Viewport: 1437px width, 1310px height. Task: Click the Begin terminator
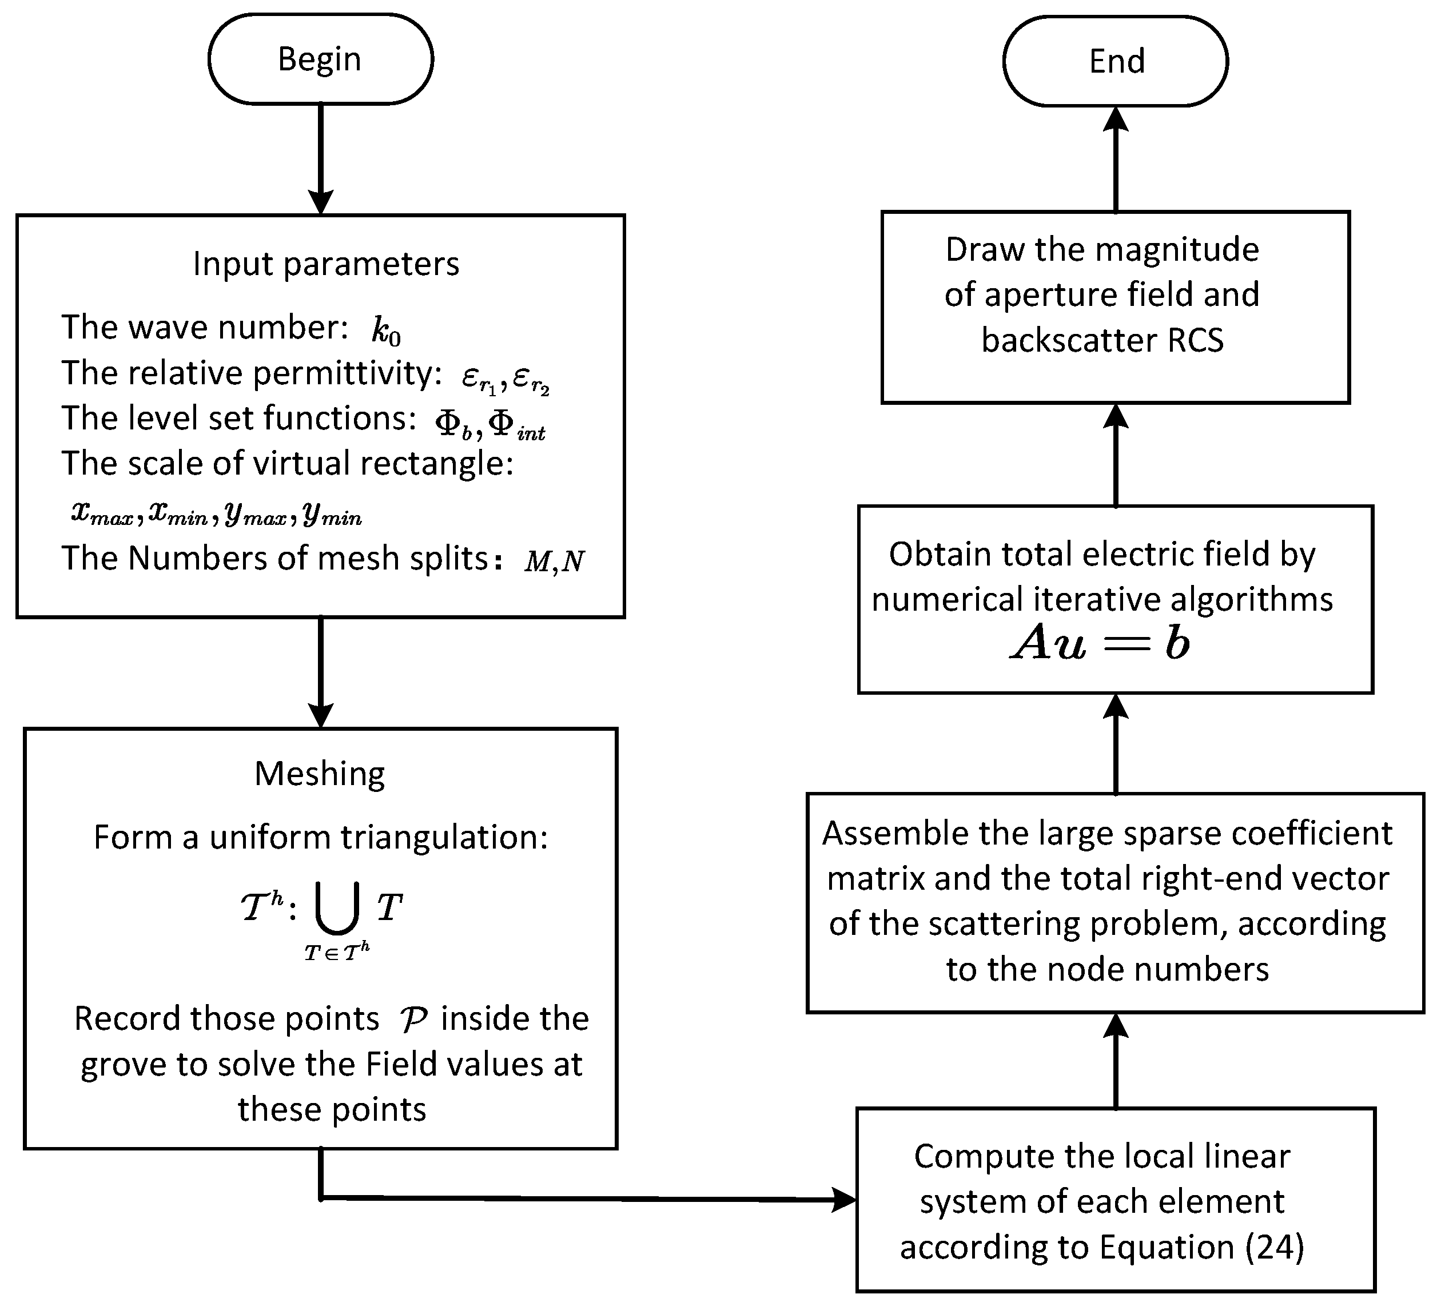coord(320,59)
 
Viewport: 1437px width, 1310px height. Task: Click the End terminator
coord(1116,61)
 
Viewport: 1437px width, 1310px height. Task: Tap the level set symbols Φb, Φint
coord(489,425)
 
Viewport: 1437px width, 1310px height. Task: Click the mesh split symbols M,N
coord(555,562)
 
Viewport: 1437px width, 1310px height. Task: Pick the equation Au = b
coord(1101,643)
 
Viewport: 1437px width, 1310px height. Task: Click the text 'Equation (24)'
coord(1201,1247)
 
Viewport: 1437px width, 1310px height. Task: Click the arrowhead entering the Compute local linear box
coord(844,1200)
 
